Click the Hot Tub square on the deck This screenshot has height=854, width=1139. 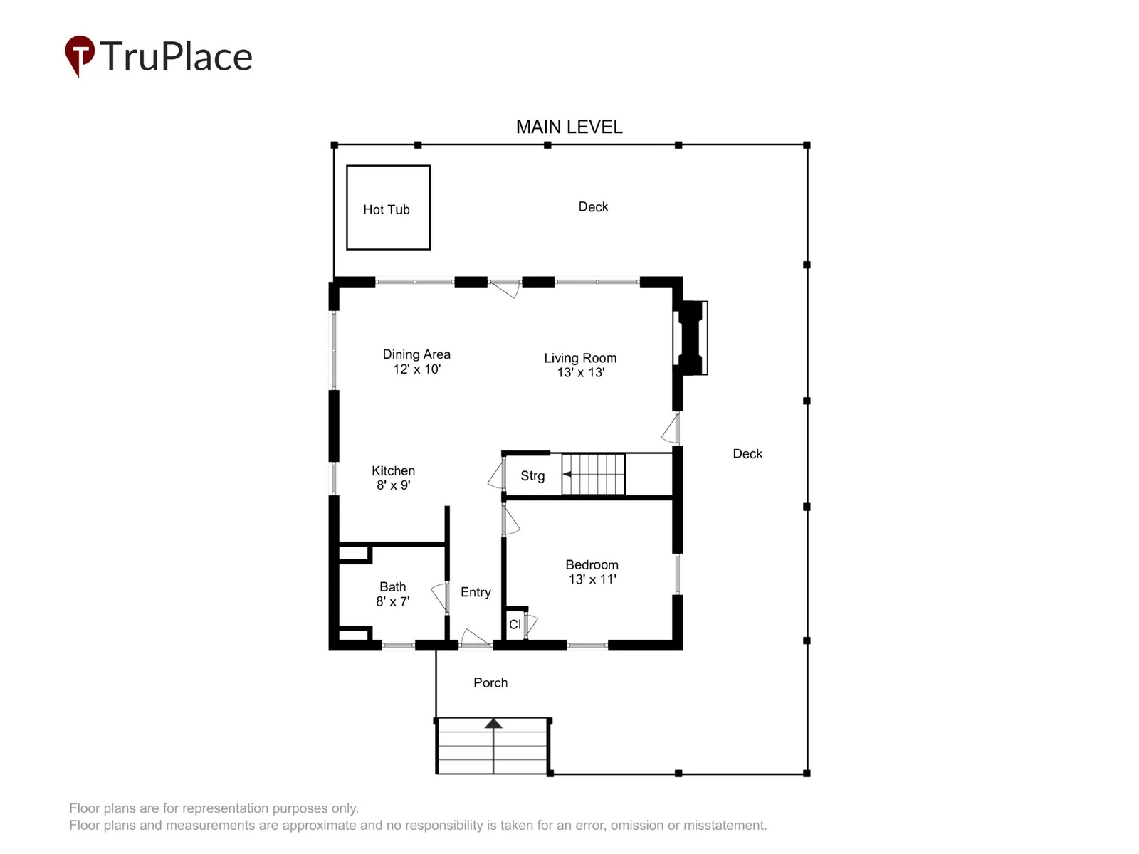pyautogui.click(x=388, y=207)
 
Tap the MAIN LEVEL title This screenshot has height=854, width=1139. pyautogui.click(x=569, y=127)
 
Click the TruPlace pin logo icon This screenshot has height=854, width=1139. pyautogui.click(x=80, y=56)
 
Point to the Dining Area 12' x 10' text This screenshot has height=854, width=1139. pyautogui.click(x=416, y=362)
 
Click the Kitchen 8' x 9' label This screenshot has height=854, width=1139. pyautogui.click(x=394, y=478)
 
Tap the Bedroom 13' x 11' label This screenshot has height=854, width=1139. pyautogui.click(x=592, y=571)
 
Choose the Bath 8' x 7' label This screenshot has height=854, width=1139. pyautogui.click(x=393, y=594)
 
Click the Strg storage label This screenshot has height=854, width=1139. pyautogui.click(x=532, y=475)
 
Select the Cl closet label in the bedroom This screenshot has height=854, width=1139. pyautogui.click(x=515, y=624)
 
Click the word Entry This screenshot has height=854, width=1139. pyautogui.click(x=476, y=592)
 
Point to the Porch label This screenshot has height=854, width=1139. pyautogui.click(x=490, y=682)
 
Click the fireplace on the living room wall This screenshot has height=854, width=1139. pyautogui.click(x=691, y=337)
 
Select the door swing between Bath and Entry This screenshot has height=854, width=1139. pyautogui.click(x=439, y=597)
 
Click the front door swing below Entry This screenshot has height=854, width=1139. pyautogui.click(x=475, y=638)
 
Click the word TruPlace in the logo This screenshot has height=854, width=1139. pyautogui.click(x=176, y=56)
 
